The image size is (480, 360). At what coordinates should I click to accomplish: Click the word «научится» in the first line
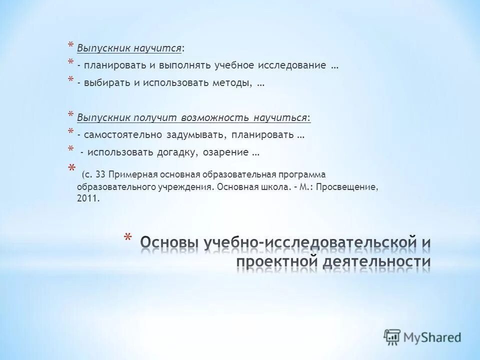pyautogui.click(x=157, y=48)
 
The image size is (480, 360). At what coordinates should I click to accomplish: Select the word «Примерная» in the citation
pyautogui.click(x=131, y=175)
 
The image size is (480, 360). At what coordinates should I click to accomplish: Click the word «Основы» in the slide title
pyautogui.click(x=169, y=243)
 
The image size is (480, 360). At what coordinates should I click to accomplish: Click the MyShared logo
pyautogui.click(x=422, y=336)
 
